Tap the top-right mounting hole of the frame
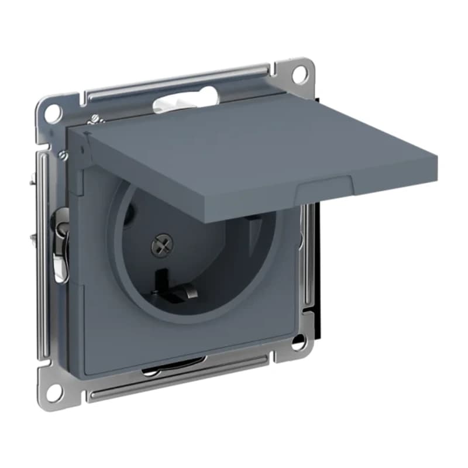tap(299, 73)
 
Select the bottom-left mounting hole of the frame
tap(54, 391)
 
